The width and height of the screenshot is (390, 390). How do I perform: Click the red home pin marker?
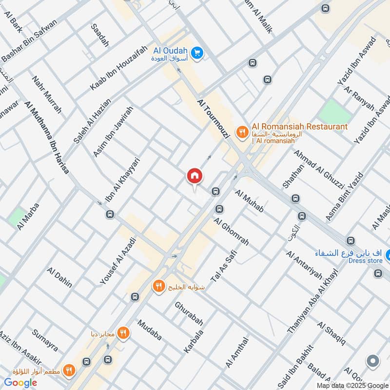pos(194,176)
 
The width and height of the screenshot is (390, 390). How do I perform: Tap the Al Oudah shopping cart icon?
pos(197,52)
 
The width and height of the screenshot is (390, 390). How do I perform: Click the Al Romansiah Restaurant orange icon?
pos(241,132)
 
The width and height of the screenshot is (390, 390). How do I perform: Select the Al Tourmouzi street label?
pos(213,118)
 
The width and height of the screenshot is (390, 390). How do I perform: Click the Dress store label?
pos(365,261)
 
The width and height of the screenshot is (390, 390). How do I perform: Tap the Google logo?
pos(20,383)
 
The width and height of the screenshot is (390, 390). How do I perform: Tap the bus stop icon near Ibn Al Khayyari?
pos(110,214)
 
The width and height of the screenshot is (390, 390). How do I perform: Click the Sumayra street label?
pos(45,340)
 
